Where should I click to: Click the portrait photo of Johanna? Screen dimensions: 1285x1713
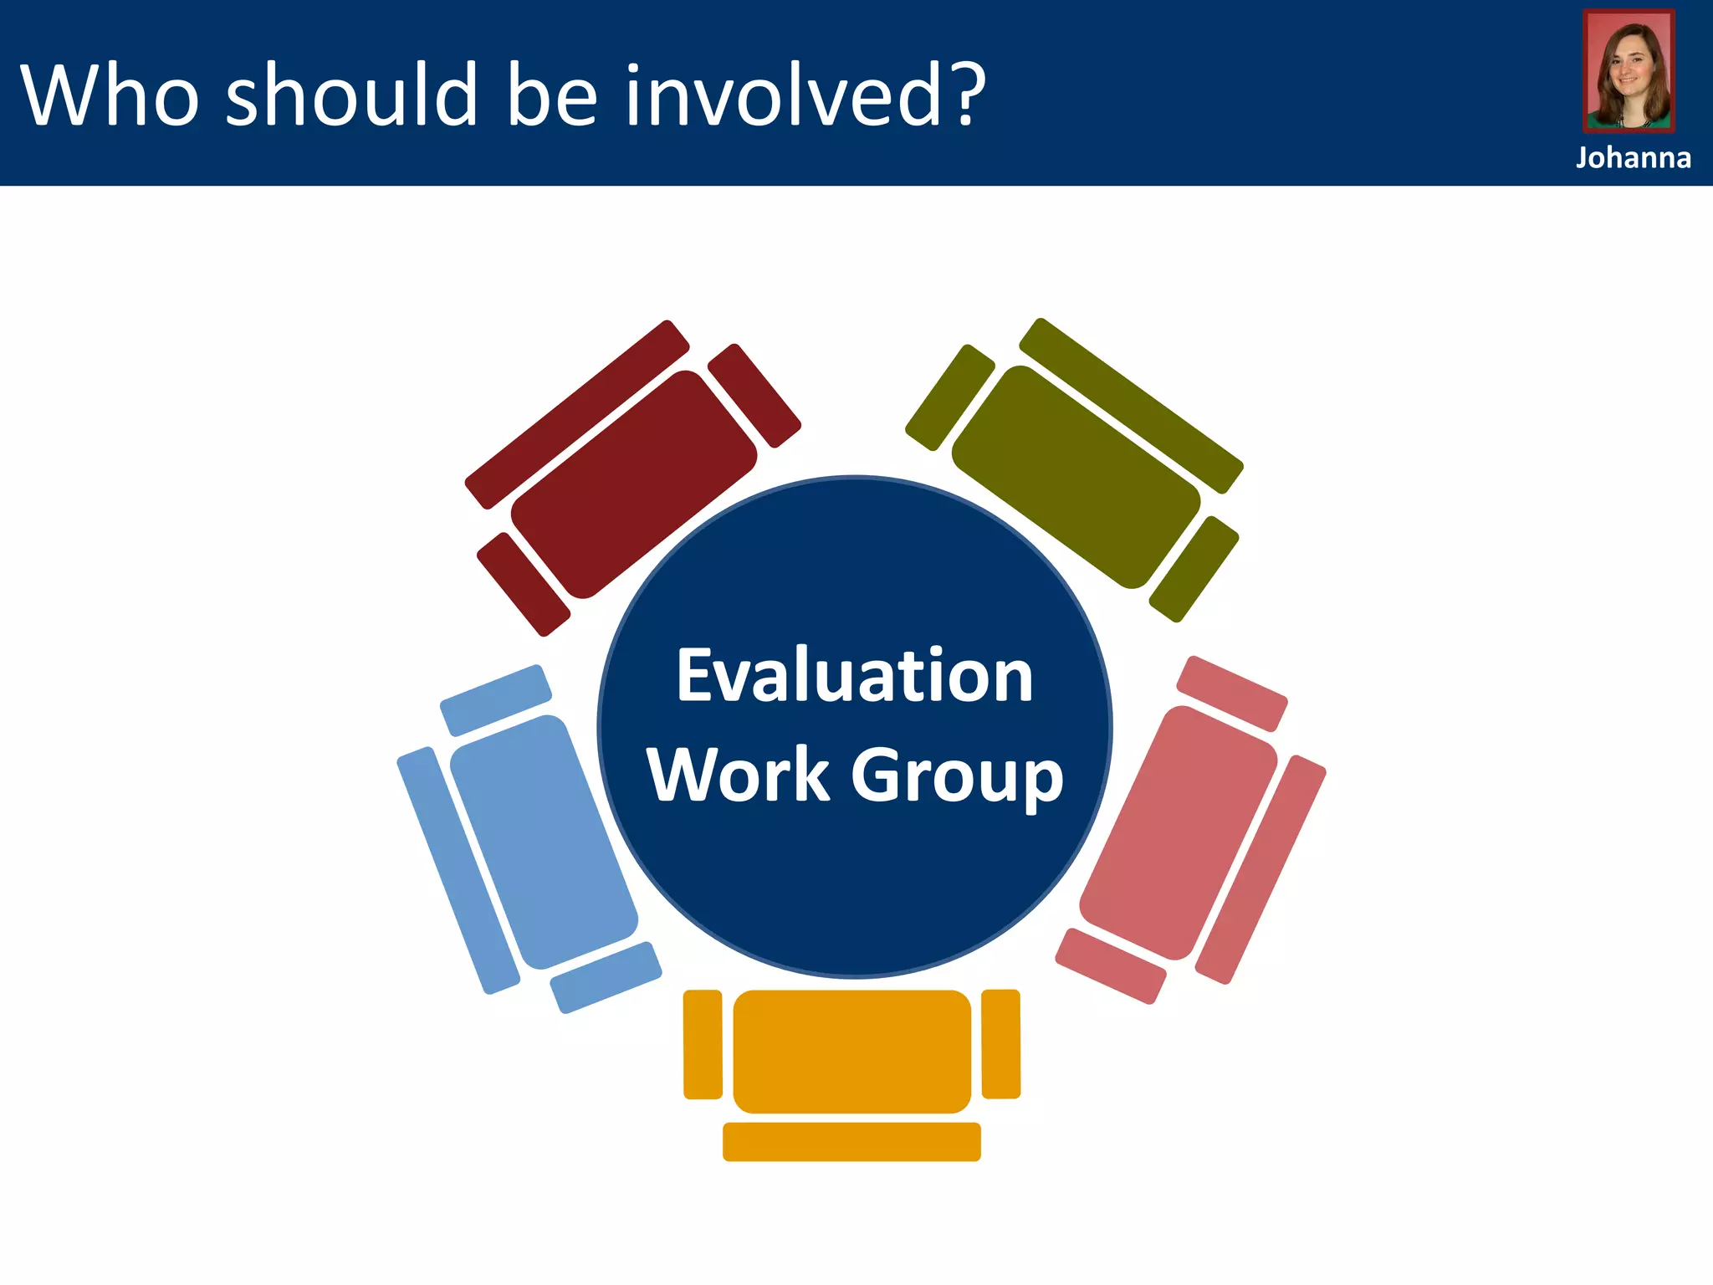1629,72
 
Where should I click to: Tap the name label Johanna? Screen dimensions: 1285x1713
1633,157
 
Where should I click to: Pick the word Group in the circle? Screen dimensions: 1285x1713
957,776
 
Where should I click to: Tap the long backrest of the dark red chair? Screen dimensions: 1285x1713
577,414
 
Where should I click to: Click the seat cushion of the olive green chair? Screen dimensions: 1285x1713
1076,477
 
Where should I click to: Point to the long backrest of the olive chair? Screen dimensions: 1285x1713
1131,406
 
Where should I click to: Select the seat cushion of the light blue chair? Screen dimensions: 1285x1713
545,842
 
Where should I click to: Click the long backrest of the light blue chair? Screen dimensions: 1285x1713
458,870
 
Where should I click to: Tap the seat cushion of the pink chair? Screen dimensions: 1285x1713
1178,832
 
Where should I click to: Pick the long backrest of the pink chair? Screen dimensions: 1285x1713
1260,870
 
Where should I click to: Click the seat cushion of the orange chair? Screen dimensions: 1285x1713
851,1051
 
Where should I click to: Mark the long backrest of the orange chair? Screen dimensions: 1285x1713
851,1141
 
